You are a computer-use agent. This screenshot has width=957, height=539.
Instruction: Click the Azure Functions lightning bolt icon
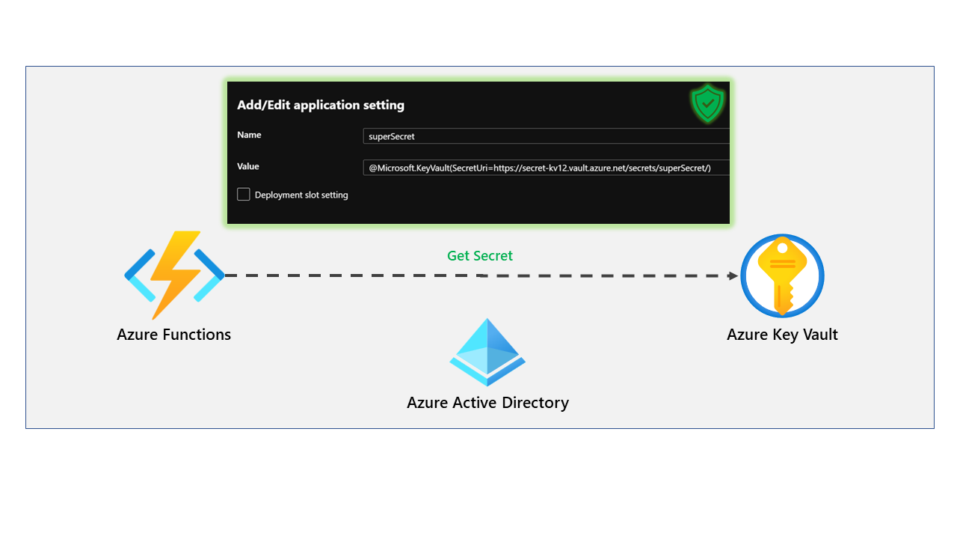point(174,275)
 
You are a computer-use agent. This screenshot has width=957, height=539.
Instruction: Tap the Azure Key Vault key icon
point(782,275)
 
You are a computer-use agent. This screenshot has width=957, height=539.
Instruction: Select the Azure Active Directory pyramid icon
point(487,352)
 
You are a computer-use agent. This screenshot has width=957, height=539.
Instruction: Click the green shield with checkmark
point(707,103)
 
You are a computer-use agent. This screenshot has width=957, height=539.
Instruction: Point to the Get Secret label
point(479,256)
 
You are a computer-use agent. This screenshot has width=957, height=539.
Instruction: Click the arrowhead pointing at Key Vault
point(733,275)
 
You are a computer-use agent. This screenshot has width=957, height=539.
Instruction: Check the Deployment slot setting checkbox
point(244,195)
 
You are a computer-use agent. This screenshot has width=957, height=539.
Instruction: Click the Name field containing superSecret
point(546,136)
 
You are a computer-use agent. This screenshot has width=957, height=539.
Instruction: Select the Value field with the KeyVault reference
point(546,168)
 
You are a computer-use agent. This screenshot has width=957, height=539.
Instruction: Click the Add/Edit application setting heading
point(321,105)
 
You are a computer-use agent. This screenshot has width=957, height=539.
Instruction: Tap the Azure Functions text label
point(173,335)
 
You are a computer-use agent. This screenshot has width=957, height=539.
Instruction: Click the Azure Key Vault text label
point(782,335)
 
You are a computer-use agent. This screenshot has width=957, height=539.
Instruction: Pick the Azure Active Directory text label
point(487,403)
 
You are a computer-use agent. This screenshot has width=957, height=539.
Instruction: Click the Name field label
point(249,135)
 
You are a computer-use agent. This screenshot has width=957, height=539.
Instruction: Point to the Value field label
point(248,166)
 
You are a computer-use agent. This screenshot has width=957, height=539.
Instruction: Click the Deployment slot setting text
point(301,195)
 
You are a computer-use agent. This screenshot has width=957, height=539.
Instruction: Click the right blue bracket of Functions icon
point(211,275)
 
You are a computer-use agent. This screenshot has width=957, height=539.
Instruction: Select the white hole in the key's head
point(782,248)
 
